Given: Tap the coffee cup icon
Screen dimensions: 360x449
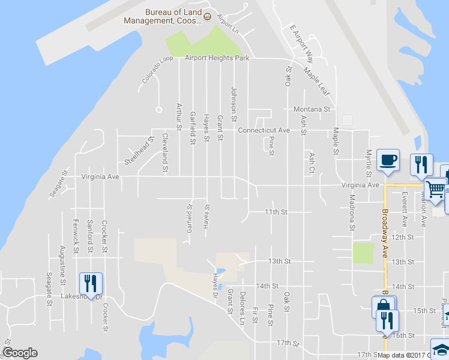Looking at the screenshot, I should click(388, 160).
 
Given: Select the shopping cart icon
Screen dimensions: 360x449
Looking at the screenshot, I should click(435, 190).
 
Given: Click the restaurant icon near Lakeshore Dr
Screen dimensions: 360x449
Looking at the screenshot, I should click(91, 283).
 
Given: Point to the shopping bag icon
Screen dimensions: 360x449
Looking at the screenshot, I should click(383, 307).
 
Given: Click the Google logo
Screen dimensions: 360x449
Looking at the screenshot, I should click(20, 353).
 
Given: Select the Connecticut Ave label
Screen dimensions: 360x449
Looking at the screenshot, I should click(264, 130).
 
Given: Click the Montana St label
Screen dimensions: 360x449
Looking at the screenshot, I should click(312, 109).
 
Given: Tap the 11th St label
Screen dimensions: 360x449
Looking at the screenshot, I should click(277, 212).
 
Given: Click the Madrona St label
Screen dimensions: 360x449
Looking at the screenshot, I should click(352, 212).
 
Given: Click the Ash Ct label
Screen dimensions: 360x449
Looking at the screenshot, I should click(312, 163).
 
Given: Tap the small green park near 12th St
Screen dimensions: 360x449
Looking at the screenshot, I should click(363, 253).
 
